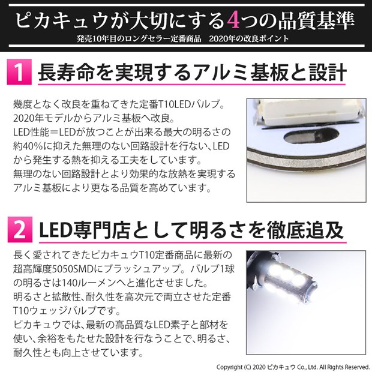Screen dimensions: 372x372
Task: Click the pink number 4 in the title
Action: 233,21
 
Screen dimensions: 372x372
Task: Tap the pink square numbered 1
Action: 19,72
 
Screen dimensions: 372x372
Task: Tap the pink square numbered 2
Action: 20,229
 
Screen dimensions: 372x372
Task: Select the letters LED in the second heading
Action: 56,230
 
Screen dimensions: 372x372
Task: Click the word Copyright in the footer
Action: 230,367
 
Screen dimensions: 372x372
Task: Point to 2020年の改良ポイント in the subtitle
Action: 249,38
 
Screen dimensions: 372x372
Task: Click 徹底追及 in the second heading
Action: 305,230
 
